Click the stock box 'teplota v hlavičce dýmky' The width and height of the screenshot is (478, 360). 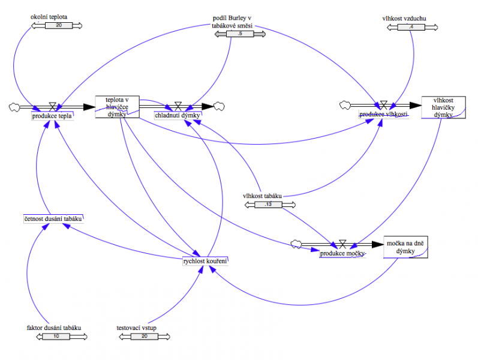point(117,107)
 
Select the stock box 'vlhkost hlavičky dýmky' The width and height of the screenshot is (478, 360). point(443,107)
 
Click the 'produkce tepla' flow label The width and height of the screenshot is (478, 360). point(52,116)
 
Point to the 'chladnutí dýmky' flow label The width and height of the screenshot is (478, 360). point(178,115)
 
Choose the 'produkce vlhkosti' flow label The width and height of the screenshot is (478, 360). point(384,114)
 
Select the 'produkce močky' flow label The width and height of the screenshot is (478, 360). point(342,253)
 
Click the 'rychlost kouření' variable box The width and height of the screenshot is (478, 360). point(205,260)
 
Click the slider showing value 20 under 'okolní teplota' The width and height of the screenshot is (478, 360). point(58,26)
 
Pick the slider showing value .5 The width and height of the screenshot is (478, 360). point(240,34)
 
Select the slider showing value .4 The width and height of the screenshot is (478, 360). point(411,26)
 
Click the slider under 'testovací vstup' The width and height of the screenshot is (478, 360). point(144,337)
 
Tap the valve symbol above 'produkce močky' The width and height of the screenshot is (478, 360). point(342,243)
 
